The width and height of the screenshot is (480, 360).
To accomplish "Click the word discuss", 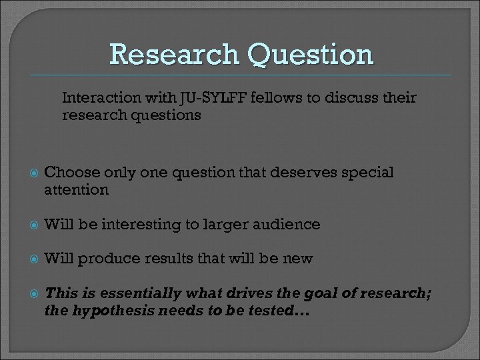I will [351, 99].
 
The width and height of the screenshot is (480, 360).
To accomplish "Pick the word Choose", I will [67, 173].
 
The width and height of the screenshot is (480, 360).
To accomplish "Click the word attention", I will [76, 189].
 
